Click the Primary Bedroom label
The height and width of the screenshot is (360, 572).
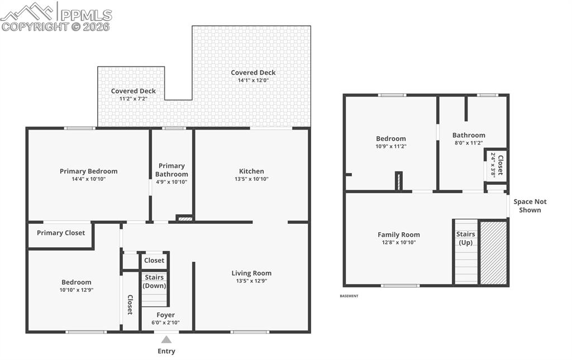89,171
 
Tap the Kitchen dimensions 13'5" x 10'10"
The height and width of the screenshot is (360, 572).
251,179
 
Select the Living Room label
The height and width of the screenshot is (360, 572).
251,273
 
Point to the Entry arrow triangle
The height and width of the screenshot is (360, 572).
166,339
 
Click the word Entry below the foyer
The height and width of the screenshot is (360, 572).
166,351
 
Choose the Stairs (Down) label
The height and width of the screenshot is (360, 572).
154,281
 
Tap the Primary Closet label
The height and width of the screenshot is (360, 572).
61,233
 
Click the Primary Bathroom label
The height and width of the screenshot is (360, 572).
171,170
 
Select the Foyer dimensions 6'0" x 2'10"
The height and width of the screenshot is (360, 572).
165,323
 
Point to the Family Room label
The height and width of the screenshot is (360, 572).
399,234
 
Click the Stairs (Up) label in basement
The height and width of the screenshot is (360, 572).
465,238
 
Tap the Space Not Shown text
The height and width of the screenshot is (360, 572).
530,206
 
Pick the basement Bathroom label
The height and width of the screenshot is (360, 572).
469,135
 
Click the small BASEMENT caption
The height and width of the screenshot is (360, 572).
349,296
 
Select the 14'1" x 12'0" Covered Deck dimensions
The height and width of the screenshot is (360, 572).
253,80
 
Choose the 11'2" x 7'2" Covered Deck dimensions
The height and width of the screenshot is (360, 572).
133,99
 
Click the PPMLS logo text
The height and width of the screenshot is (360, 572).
86,15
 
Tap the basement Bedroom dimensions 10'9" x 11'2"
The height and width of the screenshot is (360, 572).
391,146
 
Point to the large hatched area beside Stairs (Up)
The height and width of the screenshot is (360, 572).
493,253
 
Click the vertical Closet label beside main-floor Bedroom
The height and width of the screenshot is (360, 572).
130,304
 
